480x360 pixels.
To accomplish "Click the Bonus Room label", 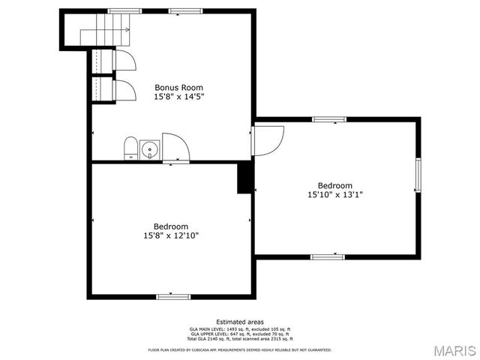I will (178, 87).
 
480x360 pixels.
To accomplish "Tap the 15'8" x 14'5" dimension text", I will (178, 97).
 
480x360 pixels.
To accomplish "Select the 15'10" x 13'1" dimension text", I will (334, 195).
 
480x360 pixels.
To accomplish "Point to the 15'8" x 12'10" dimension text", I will (171, 235).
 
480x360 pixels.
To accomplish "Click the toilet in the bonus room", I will (130, 148).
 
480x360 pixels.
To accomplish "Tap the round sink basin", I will (150, 150).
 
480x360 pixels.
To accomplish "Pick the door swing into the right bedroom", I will (268, 139).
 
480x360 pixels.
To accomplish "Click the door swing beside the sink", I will (175, 147).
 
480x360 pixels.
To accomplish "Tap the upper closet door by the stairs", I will (124, 60).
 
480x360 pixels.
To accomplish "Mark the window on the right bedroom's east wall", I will (418, 177).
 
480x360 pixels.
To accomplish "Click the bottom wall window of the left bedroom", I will (170, 296).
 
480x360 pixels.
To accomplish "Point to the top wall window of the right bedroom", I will (328, 119).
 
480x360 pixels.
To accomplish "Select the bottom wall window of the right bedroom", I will (328, 256).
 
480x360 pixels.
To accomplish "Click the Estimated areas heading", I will (240, 322).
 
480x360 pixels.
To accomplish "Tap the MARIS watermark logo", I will (454, 350).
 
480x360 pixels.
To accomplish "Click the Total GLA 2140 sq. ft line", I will (240, 340).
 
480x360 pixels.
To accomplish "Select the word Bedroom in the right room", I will (334, 185).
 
